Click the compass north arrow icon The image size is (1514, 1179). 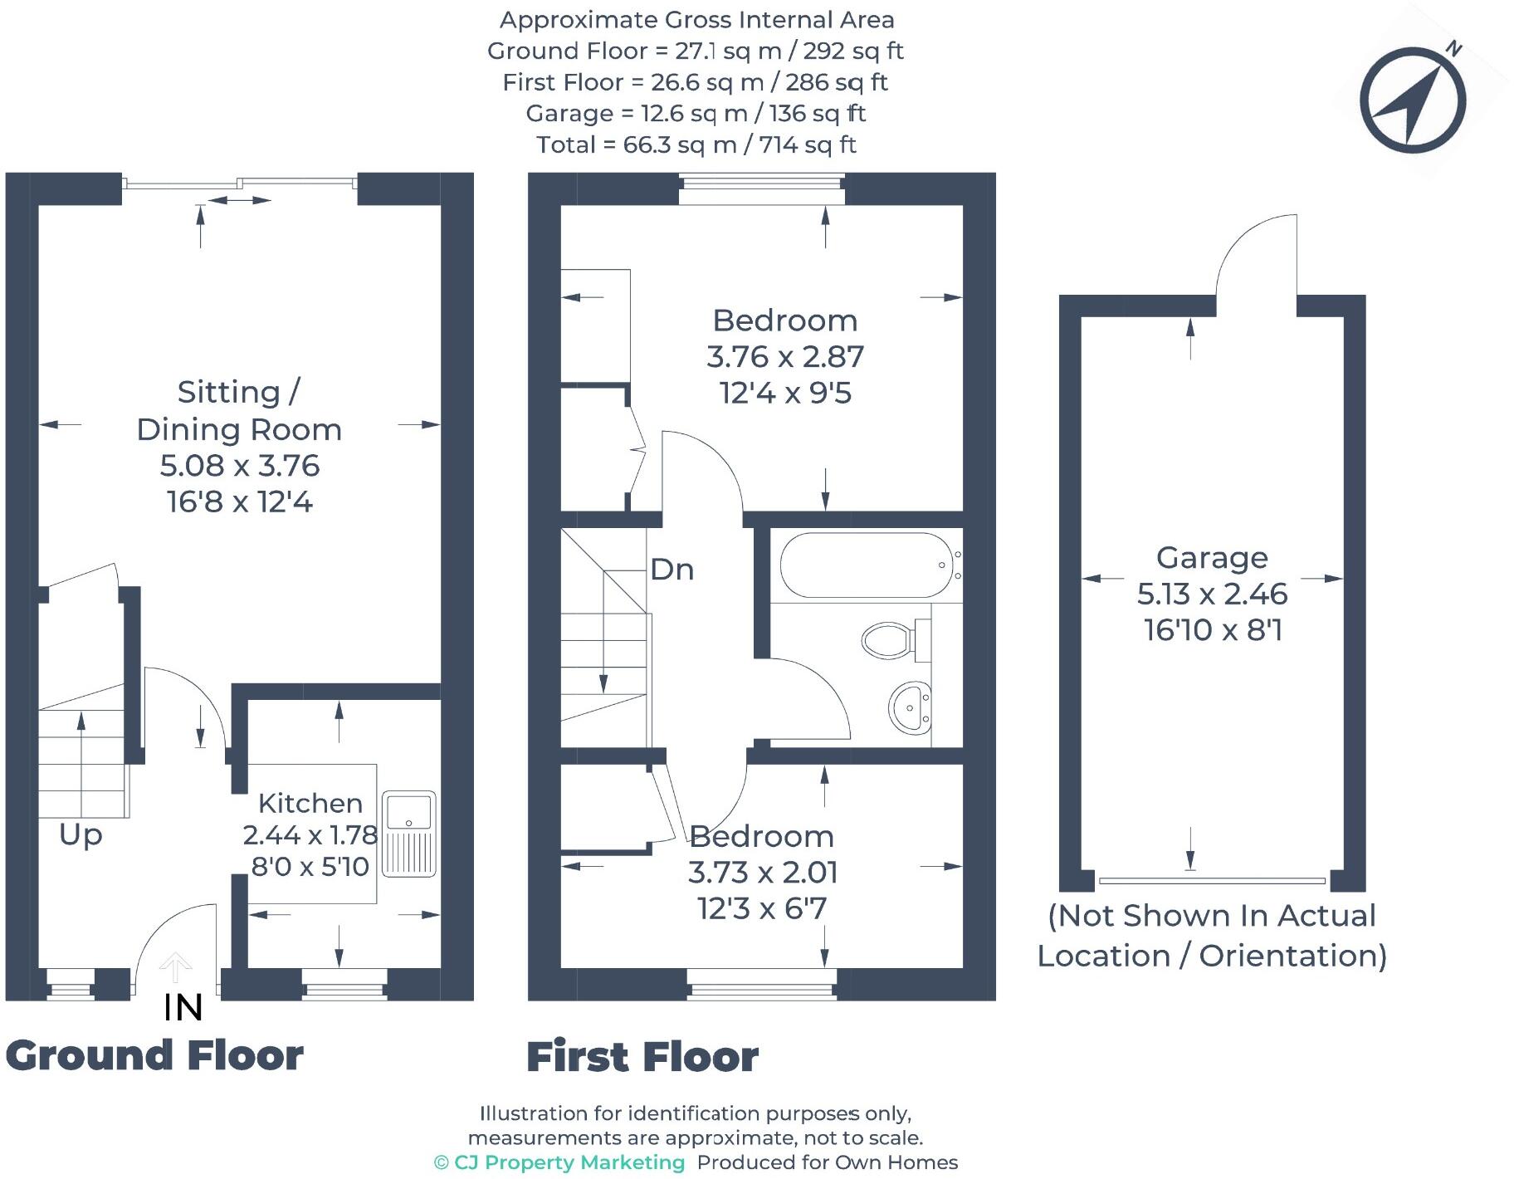pyautogui.click(x=1413, y=100)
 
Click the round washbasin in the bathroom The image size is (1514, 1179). pyautogui.click(x=911, y=708)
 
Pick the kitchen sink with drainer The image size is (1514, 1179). pyautogui.click(x=408, y=834)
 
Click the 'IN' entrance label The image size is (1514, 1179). pyautogui.click(x=183, y=1007)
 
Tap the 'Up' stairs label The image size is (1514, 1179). pyautogui.click(x=81, y=834)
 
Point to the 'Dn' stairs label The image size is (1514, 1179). pyautogui.click(x=672, y=570)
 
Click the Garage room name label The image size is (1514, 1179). pyautogui.click(x=1211, y=558)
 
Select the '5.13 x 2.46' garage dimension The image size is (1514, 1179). pyautogui.click(x=1211, y=594)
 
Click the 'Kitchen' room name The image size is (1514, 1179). pyautogui.click(x=310, y=803)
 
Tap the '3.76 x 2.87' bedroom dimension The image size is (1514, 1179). pyautogui.click(x=784, y=357)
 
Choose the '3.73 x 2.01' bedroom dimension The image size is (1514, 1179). pyautogui.click(x=762, y=873)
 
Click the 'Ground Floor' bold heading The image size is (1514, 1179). pyautogui.click(x=154, y=1055)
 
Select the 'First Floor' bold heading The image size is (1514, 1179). pyautogui.click(x=642, y=1057)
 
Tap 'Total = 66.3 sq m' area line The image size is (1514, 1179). pyautogui.click(x=696, y=144)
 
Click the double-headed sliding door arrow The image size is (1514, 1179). pyautogui.click(x=238, y=200)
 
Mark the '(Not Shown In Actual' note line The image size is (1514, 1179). pyautogui.click(x=1211, y=916)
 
